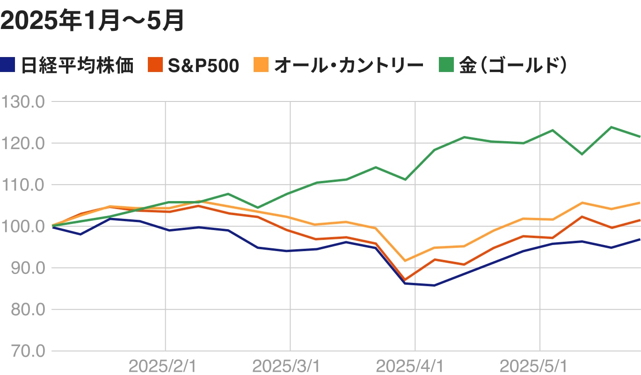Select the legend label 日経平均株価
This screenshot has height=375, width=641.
point(78,65)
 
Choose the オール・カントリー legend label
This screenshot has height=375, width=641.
point(349,65)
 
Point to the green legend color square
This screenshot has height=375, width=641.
point(446,65)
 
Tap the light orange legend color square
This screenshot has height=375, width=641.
point(261,65)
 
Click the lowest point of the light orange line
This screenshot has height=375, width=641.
point(404,260)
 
